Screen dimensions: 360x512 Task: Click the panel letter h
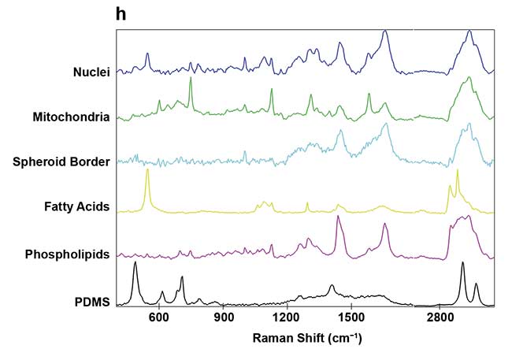121,13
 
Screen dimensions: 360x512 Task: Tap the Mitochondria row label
71,117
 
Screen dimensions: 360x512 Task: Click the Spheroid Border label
61,162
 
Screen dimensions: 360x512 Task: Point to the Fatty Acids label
76,208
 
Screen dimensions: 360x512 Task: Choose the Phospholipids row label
67,254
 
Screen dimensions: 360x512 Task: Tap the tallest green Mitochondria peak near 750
191,80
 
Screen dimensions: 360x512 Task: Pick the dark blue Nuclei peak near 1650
384,32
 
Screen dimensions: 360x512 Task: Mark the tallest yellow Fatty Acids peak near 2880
457,171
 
